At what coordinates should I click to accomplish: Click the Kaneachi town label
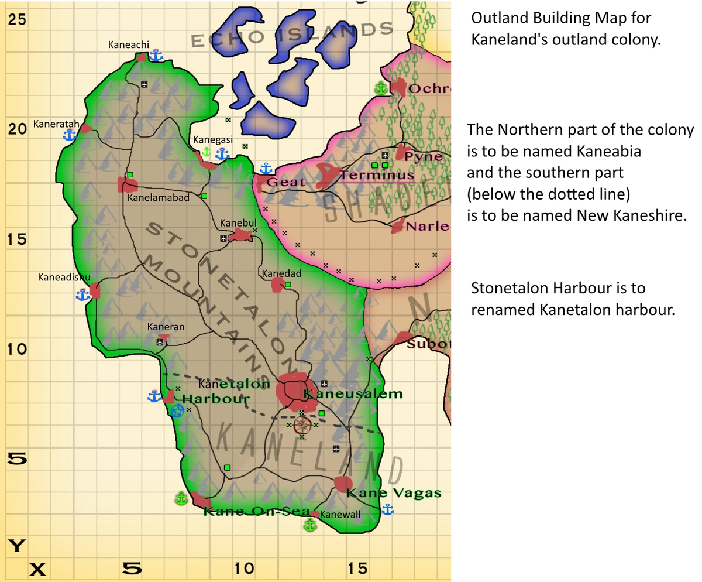point(129,44)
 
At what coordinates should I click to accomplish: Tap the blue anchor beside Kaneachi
point(156,56)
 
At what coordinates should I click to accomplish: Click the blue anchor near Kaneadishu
point(83,295)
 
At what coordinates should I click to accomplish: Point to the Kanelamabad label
point(159,198)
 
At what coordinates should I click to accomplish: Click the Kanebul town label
point(238,224)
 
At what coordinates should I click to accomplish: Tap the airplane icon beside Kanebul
point(223,238)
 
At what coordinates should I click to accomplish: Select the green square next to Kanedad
point(288,285)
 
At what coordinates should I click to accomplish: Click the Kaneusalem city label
point(353,394)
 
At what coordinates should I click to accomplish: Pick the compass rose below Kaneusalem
point(302,424)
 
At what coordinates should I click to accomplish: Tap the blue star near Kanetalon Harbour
point(177,410)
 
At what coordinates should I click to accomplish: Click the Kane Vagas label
point(394,493)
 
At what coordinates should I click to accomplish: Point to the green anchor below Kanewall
point(310,525)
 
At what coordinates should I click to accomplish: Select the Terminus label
point(377,175)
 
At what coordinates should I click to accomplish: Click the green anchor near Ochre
point(381,88)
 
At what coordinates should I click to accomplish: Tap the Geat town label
point(286,182)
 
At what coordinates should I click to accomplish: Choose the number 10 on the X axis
point(245,569)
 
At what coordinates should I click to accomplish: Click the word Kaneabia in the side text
point(608,151)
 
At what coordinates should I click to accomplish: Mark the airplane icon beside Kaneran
point(160,341)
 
